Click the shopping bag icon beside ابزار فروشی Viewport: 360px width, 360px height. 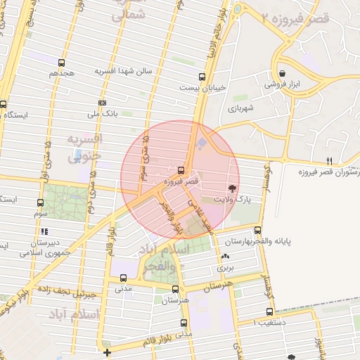pyautogui.click(x=282, y=73)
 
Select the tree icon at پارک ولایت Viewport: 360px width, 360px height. pyautogui.click(x=231, y=188)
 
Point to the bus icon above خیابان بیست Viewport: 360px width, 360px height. pyautogui.click(x=202, y=77)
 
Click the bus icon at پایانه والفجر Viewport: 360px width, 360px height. pyautogui.click(x=258, y=229)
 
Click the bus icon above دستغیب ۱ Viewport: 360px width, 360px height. pyautogui.click(x=269, y=312)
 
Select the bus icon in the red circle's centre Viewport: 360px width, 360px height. pyautogui.click(x=181, y=170)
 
